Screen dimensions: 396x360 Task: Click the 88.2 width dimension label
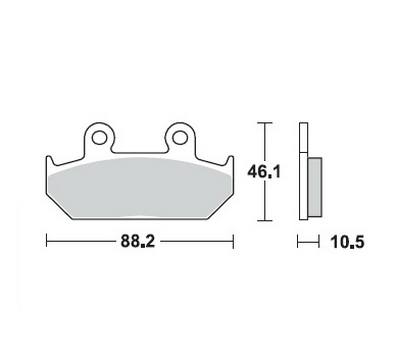point(138,241)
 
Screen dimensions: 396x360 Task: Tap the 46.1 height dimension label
point(264,172)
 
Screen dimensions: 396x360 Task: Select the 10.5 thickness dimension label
point(348,242)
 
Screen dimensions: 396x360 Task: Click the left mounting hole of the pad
point(99,137)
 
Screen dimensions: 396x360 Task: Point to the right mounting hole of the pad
point(180,137)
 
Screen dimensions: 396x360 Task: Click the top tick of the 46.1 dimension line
point(265,123)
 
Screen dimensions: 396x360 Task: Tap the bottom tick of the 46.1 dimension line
point(265,220)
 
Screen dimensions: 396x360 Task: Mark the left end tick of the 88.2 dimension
point(47,241)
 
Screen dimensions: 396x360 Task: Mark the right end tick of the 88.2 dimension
point(233,241)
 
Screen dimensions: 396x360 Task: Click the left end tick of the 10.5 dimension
point(298,241)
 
